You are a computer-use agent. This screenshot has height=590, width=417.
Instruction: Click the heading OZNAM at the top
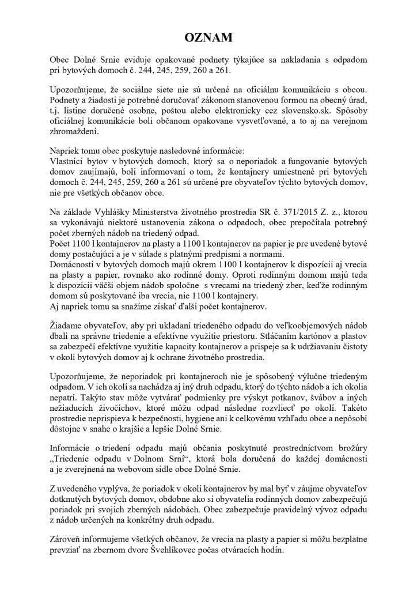tap(208, 38)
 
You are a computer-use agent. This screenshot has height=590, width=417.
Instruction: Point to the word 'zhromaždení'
tap(73, 130)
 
